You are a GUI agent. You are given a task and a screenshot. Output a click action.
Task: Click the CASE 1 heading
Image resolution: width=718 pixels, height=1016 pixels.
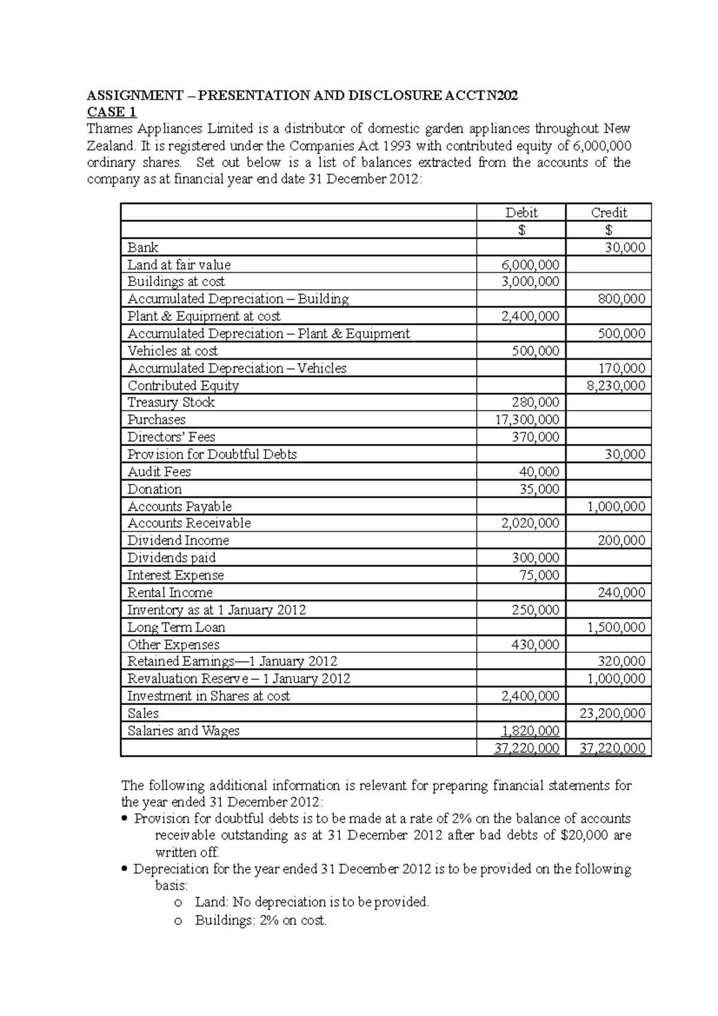click(x=112, y=112)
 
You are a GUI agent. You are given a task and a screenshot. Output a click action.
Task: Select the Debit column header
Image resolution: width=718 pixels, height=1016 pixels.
click(x=521, y=212)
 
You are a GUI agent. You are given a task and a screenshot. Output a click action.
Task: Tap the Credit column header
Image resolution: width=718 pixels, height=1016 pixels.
click(x=609, y=212)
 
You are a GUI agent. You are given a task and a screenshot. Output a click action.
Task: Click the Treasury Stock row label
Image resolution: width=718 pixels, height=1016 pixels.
click(x=171, y=402)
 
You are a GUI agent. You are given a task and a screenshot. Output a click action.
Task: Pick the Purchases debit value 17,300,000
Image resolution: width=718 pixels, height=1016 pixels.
click(x=527, y=419)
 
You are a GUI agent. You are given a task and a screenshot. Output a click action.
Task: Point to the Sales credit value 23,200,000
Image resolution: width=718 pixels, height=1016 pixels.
click(x=613, y=713)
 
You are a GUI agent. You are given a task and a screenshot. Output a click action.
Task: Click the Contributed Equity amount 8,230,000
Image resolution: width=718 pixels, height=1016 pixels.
click(x=616, y=385)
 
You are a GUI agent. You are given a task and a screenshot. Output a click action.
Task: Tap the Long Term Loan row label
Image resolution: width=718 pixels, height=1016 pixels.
click(x=177, y=627)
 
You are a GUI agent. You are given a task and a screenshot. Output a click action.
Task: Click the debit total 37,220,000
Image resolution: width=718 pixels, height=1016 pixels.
click(x=527, y=748)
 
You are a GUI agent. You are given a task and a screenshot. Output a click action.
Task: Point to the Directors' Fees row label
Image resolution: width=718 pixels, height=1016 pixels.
click(x=171, y=437)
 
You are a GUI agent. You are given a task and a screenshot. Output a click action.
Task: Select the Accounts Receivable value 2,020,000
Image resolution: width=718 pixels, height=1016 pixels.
click(x=530, y=523)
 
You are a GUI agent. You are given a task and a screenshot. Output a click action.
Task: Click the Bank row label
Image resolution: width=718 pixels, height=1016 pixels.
click(x=143, y=248)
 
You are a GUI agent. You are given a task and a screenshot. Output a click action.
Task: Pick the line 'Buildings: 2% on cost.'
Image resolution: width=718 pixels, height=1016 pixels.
click(x=261, y=920)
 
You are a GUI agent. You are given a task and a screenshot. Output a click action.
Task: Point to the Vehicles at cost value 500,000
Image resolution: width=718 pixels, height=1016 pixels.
click(x=536, y=351)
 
